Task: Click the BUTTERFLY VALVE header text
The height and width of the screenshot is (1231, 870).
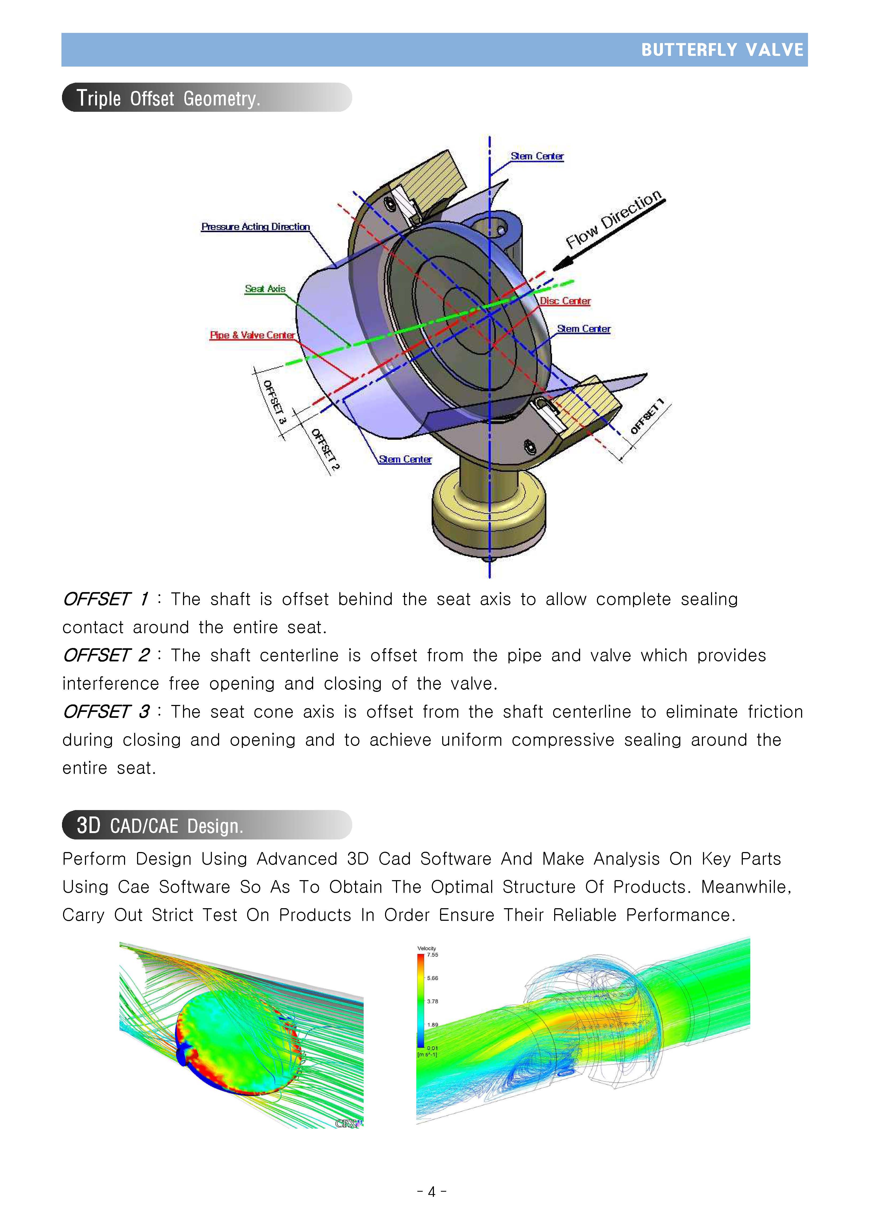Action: point(722,50)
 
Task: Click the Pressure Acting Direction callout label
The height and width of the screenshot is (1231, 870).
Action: point(255,227)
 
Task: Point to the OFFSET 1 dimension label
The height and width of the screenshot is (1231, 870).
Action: point(647,416)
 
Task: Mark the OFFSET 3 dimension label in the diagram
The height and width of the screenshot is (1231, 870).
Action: point(275,402)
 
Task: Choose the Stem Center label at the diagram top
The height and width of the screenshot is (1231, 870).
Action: point(537,156)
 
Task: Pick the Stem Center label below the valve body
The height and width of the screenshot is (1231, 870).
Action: point(405,459)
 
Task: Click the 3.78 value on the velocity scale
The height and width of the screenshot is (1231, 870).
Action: point(432,1001)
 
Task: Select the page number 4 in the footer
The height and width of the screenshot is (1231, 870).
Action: point(432,1192)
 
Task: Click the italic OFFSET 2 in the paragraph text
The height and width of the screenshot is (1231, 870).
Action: point(106,655)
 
